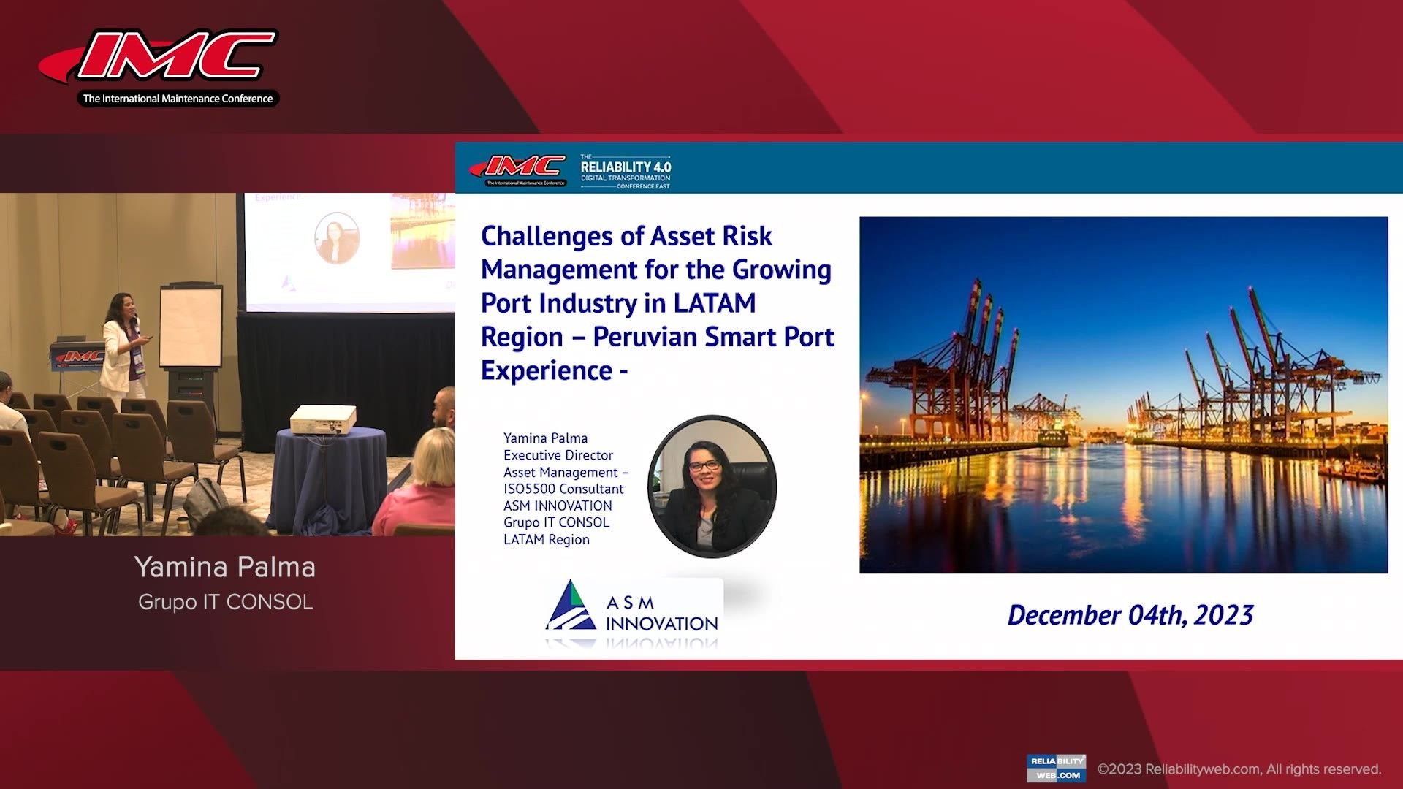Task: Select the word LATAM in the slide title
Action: (714, 303)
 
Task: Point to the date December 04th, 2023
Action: (1130, 615)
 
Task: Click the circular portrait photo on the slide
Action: (712, 486)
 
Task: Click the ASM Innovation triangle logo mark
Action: (571, 606)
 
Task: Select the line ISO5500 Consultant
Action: (563, 489)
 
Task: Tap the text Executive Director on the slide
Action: (558, 455)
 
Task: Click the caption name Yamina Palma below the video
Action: (225, 567)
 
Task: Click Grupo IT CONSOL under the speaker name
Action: (225, 602)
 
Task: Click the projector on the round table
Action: (323, 419)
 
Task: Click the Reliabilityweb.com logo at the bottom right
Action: (1056, 768)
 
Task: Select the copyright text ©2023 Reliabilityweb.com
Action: (1239, 769)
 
